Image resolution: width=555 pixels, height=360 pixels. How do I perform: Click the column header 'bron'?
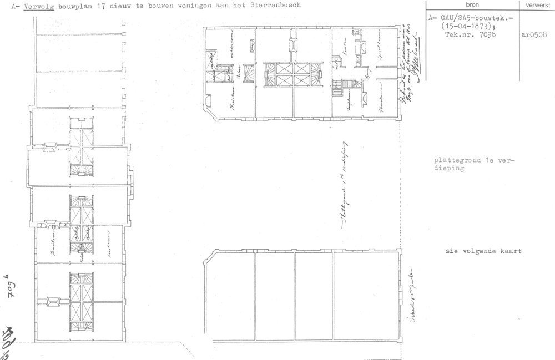pos(472,4)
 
